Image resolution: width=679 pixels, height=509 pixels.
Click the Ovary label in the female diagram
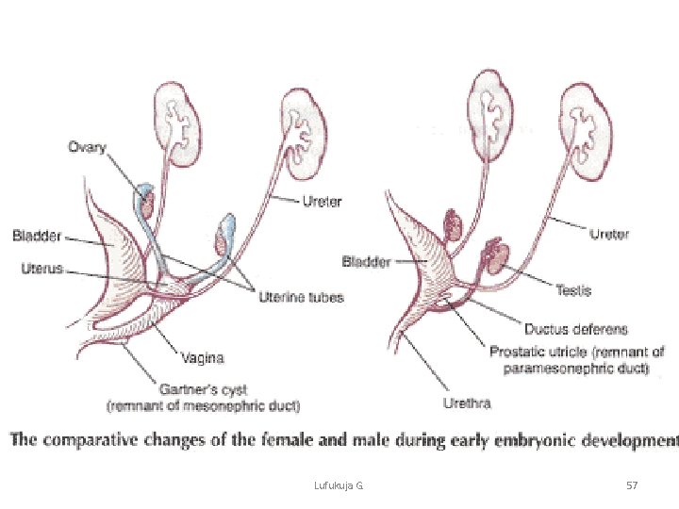point(87,148)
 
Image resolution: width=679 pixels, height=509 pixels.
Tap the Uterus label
point(41,269)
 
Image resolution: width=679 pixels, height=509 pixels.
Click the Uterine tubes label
point(301,298)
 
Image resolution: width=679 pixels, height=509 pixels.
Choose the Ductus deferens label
point(575,330)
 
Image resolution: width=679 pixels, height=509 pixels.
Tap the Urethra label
point(467,403)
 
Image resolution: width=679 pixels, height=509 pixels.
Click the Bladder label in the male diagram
point(366,261)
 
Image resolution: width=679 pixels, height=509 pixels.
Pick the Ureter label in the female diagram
point(322,201)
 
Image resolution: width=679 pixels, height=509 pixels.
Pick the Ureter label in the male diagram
point(609,234)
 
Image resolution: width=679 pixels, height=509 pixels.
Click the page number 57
point(632,484)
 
